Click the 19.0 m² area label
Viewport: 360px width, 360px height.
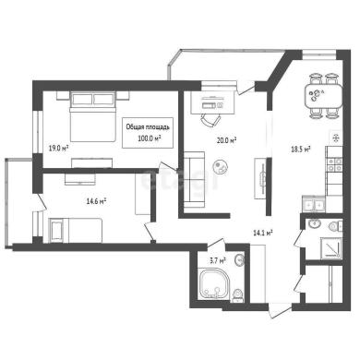tap(58, 149)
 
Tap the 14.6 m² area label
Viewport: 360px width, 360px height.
tap(96, 201)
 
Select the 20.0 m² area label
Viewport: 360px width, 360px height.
tap(226, 140)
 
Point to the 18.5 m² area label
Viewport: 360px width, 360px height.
tap(300, 150)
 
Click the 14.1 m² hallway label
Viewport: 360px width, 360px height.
tap(263, 234)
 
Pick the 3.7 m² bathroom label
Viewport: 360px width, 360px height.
tap(218, 261)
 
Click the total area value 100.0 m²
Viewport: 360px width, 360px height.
tap(150, 138)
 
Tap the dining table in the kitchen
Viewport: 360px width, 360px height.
tap(323, 96)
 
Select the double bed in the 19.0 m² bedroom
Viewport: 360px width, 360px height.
tap(92, 116)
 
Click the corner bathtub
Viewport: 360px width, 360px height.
tap(214, 283)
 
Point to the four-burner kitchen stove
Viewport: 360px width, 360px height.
tap(334, 164)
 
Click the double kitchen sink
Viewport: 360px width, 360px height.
tap(314, 204)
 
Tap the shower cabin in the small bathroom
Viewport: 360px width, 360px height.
tap(331, 248)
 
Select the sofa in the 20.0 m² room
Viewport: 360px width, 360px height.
tap(194, 179)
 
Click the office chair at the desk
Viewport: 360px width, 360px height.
tap(210, 119)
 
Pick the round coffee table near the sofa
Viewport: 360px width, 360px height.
tap(221, 167)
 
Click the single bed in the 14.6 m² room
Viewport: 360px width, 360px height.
tap(76, 231)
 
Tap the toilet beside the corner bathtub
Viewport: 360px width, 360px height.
tap(237, 295)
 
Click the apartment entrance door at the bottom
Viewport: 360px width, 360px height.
tap(279, 310)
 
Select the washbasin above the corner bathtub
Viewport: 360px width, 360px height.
tap(239, 260)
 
